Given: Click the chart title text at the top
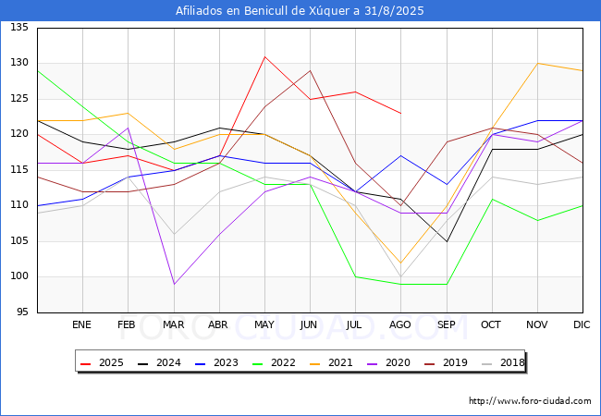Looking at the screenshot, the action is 300,11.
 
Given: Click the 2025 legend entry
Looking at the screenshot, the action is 102,362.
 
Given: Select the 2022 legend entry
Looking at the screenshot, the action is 274,362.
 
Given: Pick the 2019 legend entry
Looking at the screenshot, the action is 446,362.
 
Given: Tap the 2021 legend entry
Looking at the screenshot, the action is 331,362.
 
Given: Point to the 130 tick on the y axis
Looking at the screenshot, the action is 19,63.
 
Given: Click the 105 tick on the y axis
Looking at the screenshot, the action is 19,241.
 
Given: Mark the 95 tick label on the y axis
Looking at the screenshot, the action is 22,312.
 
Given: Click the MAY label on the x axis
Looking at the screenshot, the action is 264,324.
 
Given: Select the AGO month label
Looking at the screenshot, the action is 400,324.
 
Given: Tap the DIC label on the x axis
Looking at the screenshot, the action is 582,324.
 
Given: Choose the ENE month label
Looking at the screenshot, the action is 81,324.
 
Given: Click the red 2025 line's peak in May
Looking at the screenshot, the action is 264,56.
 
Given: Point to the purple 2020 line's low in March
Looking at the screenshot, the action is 174,284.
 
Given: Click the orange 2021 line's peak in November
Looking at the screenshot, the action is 538,63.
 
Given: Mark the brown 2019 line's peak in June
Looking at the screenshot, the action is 310,70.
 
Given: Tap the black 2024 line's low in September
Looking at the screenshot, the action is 447,241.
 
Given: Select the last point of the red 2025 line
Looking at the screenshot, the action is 401,114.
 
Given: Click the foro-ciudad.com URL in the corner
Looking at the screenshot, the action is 530,401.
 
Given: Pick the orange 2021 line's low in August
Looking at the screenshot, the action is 401,263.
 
